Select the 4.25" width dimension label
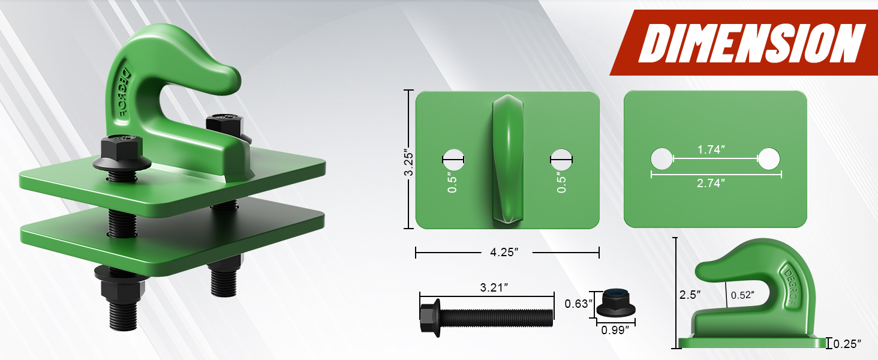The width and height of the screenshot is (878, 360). click(504, 252)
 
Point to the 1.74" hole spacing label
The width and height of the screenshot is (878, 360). click(711, 149)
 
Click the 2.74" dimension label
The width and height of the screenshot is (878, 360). click(711, 183)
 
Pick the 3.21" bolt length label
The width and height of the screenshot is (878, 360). click(494, 287)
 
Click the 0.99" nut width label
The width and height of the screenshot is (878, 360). click(615, 330)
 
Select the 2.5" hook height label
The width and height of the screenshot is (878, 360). click(690, 295)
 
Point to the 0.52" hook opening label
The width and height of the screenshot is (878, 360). click(742, 295)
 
